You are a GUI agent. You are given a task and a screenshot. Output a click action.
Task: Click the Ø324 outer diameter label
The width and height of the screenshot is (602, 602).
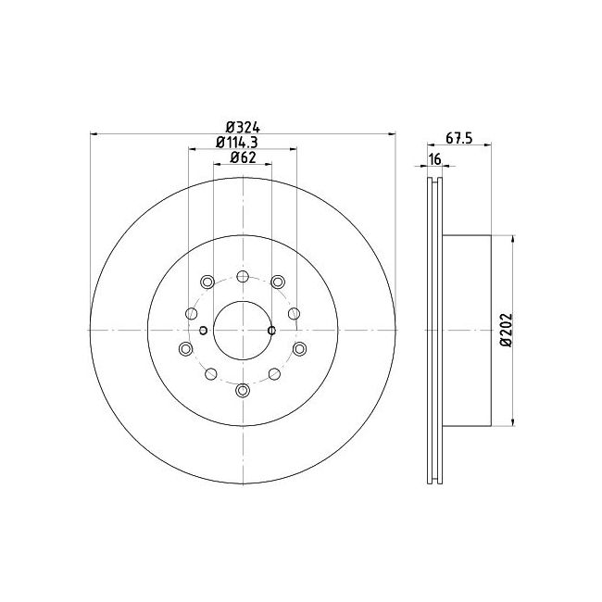click(x=242, y=128)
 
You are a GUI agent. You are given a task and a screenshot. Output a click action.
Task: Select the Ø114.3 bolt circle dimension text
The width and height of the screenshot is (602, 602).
click(x=242, y=143)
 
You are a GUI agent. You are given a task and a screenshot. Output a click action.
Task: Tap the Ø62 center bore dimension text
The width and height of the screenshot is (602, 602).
click(x=242, y=157)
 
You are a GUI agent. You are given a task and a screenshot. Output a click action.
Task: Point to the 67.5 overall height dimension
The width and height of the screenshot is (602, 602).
click(x=459, y=138)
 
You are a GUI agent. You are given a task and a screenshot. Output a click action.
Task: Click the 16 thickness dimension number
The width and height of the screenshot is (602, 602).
click(x=434, y=160)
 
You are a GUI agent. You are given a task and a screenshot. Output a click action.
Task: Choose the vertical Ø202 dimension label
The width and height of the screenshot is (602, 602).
click(x=506, y=330)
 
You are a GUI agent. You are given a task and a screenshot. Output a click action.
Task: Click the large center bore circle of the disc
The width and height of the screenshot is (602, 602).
click(x=243, y=331)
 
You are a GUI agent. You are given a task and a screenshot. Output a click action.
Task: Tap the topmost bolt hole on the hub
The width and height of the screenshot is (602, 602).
click(x=243, y=277)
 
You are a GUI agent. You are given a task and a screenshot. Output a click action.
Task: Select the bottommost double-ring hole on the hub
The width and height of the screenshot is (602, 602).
click(x=243, y=390)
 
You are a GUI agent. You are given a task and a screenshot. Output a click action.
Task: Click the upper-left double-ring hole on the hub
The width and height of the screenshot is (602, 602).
click(x=207, y=282)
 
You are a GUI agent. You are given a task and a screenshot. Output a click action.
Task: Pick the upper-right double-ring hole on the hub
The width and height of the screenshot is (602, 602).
click(x=277, y=282)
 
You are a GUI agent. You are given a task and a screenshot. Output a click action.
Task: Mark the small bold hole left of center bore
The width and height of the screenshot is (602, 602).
click(x=203, y=330)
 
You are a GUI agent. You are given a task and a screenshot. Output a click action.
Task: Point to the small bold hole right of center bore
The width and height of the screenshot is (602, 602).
click(x=271, y=330)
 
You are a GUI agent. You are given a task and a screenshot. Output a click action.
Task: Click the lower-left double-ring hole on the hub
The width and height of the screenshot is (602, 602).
click(x=185, y=348)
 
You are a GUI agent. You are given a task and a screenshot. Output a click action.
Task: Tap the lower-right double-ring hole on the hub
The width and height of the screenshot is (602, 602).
click(x=300, y=348)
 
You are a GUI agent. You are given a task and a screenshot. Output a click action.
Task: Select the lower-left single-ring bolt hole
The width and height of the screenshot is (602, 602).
click(x=210, y=374)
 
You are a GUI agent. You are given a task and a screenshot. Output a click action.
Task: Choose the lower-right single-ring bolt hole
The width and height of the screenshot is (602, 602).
click(x=275, y=374)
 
